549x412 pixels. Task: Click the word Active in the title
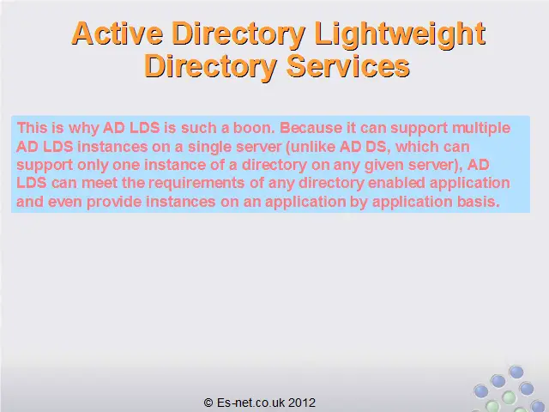click(x=118, y=33)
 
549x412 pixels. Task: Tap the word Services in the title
click(x=348, y=65)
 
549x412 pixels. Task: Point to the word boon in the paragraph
click(x=254, y=128)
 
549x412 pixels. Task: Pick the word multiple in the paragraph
click(x=481, y=129)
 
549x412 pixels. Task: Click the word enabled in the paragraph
click(x=396, y=183)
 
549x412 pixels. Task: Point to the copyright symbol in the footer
click(x=208, y=403)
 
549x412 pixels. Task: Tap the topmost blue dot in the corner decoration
click(x=516, y=372)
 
